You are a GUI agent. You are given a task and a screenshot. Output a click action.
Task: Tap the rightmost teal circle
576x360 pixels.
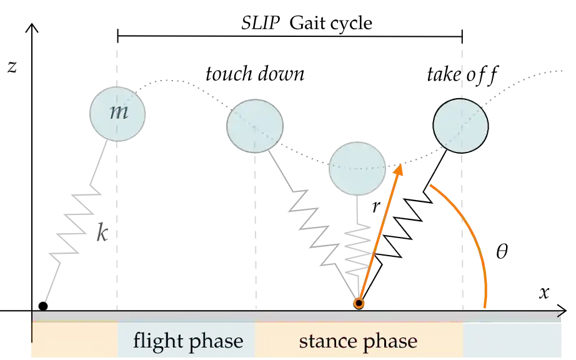(x=461, y=125)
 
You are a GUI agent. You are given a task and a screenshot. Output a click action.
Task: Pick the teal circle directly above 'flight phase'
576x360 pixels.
(x=255, y=126)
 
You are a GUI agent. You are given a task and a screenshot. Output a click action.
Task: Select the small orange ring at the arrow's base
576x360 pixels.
(x=359, y=303)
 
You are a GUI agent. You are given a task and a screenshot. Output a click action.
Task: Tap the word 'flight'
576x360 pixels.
(x=152, y=341)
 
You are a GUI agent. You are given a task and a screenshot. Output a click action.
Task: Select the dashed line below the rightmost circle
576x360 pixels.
(x=462, y=231)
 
